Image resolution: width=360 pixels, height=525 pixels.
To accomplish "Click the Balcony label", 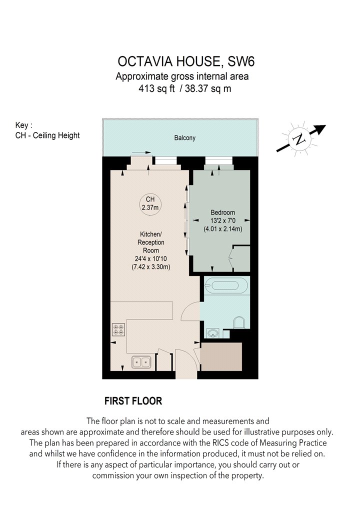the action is [x=184, y=138].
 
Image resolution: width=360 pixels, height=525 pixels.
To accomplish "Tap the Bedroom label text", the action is [x=222, y=212].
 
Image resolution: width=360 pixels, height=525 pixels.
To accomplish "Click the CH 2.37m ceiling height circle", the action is [x=150, y=203].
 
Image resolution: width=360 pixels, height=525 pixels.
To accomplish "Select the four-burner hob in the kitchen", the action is [x=118, y=329].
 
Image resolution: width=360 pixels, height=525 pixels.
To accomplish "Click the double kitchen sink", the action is [x=141, y=362].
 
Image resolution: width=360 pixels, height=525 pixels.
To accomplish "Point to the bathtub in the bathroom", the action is [x=225, y=285].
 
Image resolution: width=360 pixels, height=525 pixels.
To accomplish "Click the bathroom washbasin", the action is [x=212, y=333].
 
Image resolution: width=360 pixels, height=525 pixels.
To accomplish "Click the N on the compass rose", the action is [x=299, y=139].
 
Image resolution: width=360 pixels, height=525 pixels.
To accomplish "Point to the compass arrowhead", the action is [x=320, y=129].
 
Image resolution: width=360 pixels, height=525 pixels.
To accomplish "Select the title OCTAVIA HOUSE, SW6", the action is [x=186, y=61].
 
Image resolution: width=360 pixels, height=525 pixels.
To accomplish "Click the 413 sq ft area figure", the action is [x=156, y=88].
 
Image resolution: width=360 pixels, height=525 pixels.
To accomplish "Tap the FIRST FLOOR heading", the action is [x=133, y=401].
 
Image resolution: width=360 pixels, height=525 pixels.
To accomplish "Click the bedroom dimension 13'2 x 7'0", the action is [x=223, y=220].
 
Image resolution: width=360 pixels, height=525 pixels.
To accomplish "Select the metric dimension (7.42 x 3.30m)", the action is [x=150, y=267].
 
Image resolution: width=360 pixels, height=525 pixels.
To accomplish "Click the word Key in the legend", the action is [x=22, y=125].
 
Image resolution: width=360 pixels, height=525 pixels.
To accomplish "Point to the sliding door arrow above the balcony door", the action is [x=141, y=152].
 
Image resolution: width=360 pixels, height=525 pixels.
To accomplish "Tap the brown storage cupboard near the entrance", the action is [x=221, y=356].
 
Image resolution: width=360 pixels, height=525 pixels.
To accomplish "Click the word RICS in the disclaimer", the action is [x=221, y=442].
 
